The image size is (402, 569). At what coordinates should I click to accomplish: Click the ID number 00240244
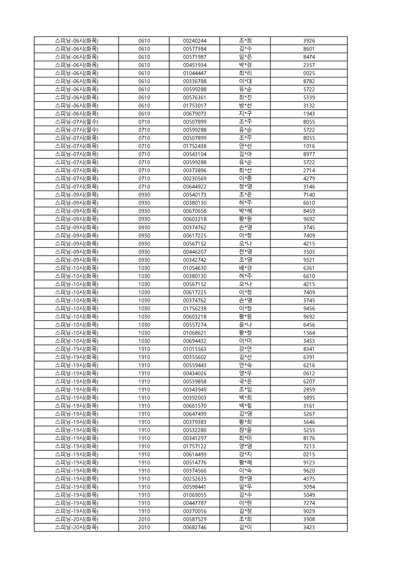click(195, 41)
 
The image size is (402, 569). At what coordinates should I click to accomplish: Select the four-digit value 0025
click(309, 73)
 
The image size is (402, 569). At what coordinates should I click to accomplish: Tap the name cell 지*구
click(245, 114)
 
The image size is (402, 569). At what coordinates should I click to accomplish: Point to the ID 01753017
click(195, 106)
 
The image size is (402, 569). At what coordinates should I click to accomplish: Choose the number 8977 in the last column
click(309, 154)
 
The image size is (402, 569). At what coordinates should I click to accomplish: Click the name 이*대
click(245, 81)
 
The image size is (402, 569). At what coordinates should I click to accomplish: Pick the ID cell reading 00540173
click(195, 195)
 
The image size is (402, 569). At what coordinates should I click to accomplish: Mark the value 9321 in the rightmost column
click(309, 260)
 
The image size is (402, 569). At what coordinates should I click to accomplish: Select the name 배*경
click(245, 268)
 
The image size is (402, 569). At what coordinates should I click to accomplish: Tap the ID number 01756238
click(195, 308)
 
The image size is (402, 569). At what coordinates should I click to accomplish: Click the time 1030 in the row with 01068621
click(144, 333)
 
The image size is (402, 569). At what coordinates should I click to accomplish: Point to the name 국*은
click(245, 382)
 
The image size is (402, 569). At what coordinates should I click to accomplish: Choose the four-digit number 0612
click(309, 373)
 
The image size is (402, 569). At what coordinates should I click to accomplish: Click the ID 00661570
click(195, 406)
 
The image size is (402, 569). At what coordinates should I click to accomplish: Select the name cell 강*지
click(245, 454)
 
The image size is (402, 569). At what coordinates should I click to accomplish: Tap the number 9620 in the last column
click(309, 471)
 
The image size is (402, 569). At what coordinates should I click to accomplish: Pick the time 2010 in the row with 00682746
click(144, 527)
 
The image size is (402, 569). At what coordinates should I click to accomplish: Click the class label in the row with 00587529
click(77, 519)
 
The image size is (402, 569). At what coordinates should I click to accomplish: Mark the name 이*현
click(245, 503)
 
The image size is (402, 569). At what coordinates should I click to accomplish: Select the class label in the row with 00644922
click(77, 187)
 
